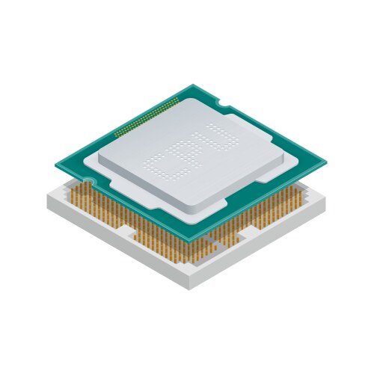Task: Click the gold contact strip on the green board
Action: click(147, 117)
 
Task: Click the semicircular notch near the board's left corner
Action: click(88, 180)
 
